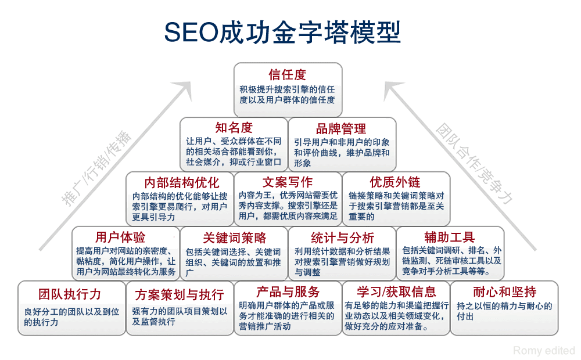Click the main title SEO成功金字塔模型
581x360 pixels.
[x=282, y=32]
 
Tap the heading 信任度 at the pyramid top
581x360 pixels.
[x=288, y=75]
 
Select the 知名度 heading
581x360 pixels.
[x=234, y=128]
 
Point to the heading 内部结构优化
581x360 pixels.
[x=182, y=182]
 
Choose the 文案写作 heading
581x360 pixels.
[x=288, y=182]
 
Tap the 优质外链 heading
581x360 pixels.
[x=395, y=182]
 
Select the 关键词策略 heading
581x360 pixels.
[x=235, y=237]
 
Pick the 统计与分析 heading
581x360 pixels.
[x=343, y=237]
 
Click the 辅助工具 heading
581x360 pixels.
[x=450, y=237]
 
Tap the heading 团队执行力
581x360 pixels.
[x=70, y=293]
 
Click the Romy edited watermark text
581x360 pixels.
[x=544, y=351]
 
